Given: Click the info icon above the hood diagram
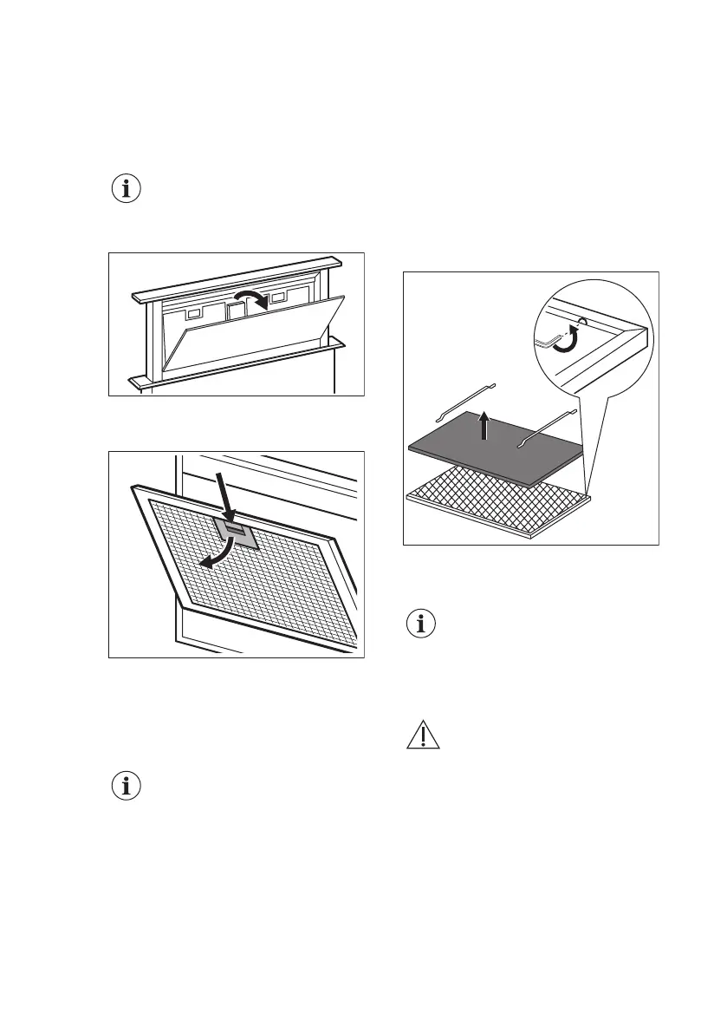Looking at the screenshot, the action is (x=127, y=189).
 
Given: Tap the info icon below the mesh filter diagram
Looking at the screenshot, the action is (x=127, y=787).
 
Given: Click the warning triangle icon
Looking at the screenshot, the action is (x=423, y=736).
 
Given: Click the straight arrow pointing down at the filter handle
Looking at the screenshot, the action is (x=224, y=500).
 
